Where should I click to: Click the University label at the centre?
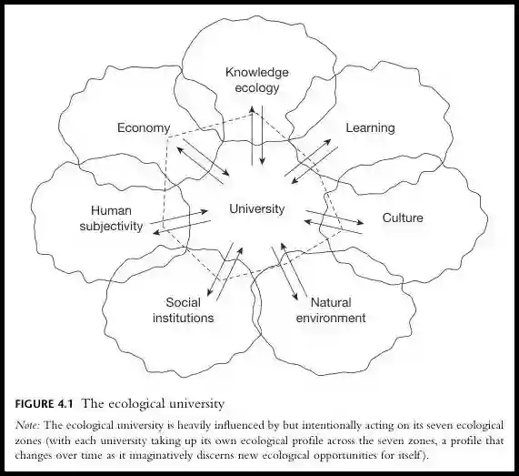[x=257, y=208]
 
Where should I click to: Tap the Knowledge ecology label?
[x=257, y=80]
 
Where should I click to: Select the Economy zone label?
[x=144, y=128]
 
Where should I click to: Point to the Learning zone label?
[x=370, y=128]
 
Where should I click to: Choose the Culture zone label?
[x=403, y=218]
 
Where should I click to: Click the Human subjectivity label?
[x=111, y=218]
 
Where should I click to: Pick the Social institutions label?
[x=183, y=310]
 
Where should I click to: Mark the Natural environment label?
[x=331, y=310]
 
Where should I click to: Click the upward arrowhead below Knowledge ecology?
[x=252, y=110]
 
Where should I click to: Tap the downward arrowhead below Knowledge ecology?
[x=262, y=161]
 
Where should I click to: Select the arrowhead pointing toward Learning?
[x=327, y=142]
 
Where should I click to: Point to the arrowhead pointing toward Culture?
[x=360, y=222]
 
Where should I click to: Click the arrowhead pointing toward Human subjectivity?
[x=157, y=232]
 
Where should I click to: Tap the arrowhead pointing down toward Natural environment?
[x=294, y=297]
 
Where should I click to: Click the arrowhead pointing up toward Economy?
[x=180, y=150]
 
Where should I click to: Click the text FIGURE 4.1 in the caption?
[x=44, y=404]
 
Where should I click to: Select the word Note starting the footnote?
[x=27, y=425]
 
